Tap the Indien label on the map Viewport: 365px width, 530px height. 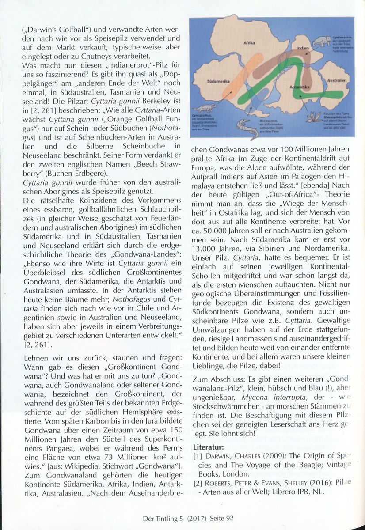pyautogui.click(x=302, y=48)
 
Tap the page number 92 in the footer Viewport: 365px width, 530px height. pyautogui.click(x=229, y=519)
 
